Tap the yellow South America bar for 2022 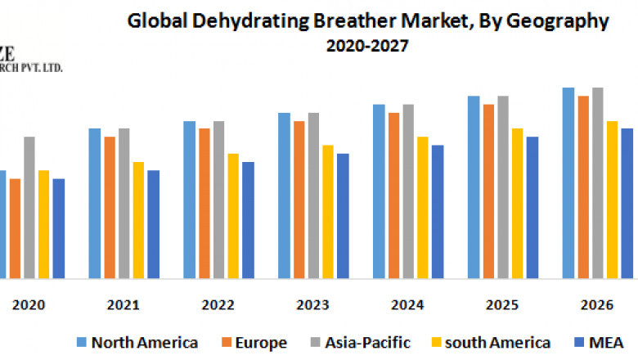(x=233, y=216)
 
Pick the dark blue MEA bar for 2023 (x=343, y=216)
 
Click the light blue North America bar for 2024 (x=379, y=191)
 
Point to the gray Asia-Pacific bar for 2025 (x=503, y=187)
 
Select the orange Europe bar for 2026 (x=583, y=187)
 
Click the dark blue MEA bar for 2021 (x=154, y=224)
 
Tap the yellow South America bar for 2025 (x=518, y=204)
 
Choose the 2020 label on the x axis (x=29, y=305)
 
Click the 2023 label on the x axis (x=312, y=305)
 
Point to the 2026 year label (x=597, y=305)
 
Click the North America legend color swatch (x=82, y=342)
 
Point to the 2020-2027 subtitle (x=367, y=47)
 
